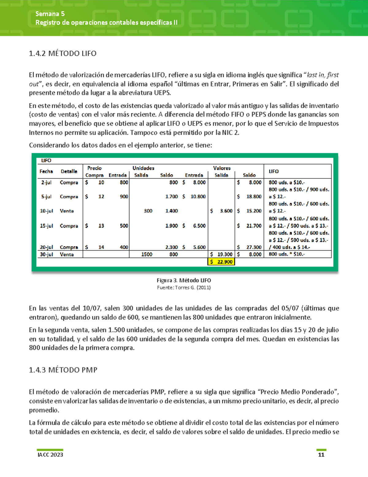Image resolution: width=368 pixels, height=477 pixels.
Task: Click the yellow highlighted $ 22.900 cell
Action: [x=221, y=262]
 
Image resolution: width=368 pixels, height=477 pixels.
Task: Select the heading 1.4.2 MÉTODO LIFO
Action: [x=63, y=53]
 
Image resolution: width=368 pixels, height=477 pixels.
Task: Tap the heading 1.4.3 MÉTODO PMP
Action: [x=63, y=370]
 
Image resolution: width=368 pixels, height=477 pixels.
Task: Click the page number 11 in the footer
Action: [x=321, y=455]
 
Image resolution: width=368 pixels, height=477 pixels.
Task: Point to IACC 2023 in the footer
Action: [x=50, y=455]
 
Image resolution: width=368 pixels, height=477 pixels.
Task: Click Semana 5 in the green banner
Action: [x=50, y=14]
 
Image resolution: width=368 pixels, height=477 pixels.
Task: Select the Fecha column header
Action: [x=46, y=171]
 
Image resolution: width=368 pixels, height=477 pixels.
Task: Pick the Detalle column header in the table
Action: [x=69, y=171]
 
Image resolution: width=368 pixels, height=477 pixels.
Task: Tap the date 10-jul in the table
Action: [x=46, y=211]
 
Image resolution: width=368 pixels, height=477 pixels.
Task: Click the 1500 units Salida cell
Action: [x=147, y=254]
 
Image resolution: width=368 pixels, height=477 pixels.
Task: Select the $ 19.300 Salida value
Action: [x=221, y=254]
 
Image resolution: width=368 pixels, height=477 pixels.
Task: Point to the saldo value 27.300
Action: [x=254, y=247]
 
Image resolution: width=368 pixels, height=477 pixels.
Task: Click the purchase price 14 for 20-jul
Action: [x=101, y=247]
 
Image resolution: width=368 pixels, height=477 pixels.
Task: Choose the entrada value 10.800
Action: [x=198, y=197]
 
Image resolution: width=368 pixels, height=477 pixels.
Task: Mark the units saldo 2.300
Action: [x=171, y=247]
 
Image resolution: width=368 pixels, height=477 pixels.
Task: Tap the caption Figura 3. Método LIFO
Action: [x=184, y=280]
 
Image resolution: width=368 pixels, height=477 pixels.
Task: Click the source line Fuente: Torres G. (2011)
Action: [x=184, y=288]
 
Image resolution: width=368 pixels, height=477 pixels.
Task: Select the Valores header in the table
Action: [x=222, y=168]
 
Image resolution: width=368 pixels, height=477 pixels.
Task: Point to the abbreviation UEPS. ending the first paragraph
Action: [x=162, y=93]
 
